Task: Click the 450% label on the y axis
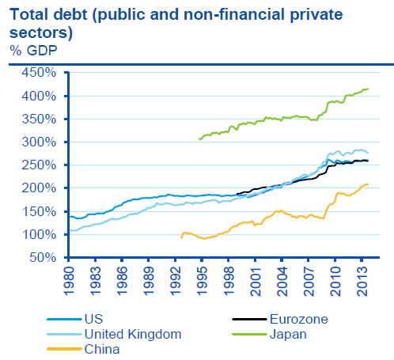tap(39, 73)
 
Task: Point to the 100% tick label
tap(39, 234)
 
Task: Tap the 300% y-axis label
tap(39, 142)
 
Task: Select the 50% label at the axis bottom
tap(43, 257)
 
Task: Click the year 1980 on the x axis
tap(70, 281)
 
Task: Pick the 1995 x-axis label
tap(203, 281)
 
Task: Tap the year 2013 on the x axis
tap(362, 281)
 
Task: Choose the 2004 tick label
tap(282, 281)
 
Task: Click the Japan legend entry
tap(288, 335)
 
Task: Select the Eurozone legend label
tap(299, 320)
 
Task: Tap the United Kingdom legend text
tap(133, 335)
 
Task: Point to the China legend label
tap(102, 349)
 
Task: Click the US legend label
tap(93, 320)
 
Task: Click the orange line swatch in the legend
tap(64, 349)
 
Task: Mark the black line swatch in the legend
tap(249, 320)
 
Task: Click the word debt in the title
tap(70, 14)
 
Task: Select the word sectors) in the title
tap(41, 33)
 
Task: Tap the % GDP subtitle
tap(33, 51)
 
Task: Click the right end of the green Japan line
tap(368, 89)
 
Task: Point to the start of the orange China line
tap(181, 238)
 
